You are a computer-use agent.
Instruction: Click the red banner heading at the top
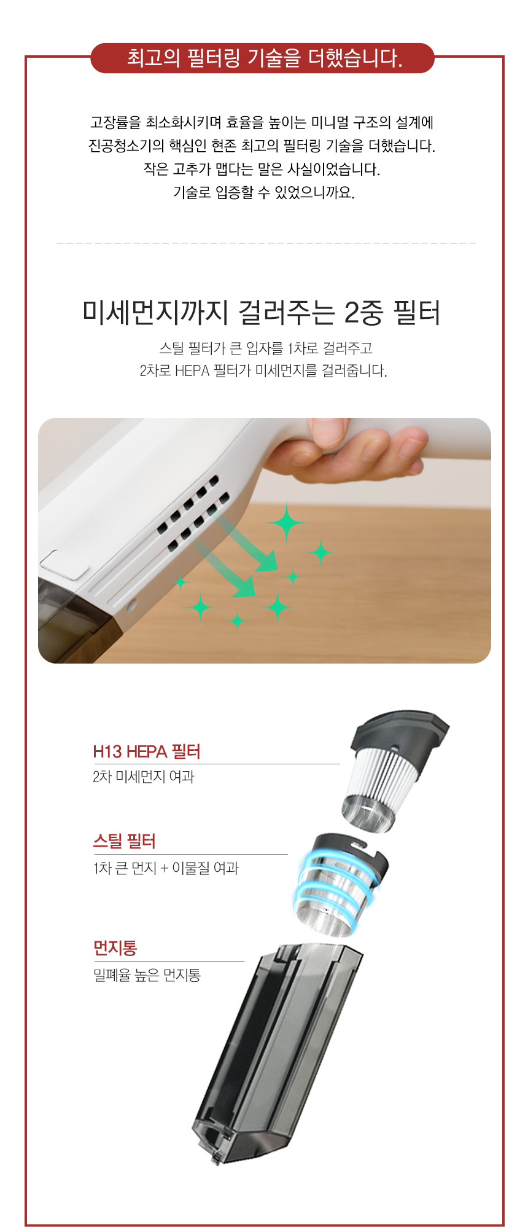point(263,58)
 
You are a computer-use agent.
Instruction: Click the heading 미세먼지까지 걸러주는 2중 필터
point(262,312)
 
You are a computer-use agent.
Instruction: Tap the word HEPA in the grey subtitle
point(192,371)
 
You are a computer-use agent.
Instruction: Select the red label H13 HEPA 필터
point(147,751)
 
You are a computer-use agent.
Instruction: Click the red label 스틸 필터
point(125,841)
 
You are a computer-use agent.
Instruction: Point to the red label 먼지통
point(115,948)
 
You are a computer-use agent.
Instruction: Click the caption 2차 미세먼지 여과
point(144,777)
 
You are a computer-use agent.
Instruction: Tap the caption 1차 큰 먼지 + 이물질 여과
point(166,868)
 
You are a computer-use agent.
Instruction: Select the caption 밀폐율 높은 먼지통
point(147,975)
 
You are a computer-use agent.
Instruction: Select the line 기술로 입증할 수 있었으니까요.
point(264,192)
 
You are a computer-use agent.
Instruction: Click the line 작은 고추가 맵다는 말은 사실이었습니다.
point(262,169)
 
